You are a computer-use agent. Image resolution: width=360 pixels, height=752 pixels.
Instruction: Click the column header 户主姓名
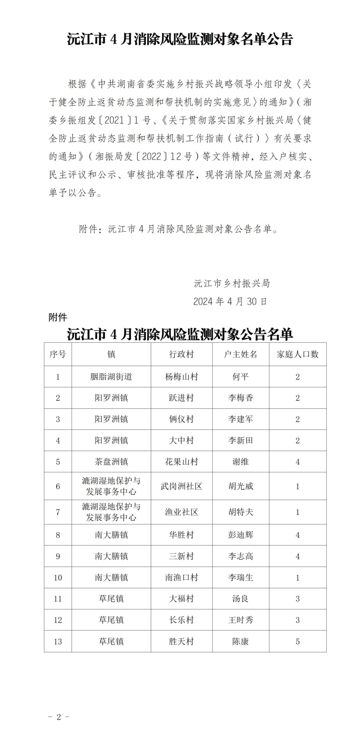pos(241,354)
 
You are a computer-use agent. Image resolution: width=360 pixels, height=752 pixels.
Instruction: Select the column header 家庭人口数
pos(297,354)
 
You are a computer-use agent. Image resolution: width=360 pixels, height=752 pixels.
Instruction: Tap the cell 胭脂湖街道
pos(111,377)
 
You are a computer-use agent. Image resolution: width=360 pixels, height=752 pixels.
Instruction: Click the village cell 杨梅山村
pos(181,377)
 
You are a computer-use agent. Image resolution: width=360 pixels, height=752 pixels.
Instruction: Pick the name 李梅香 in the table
pos(241,398)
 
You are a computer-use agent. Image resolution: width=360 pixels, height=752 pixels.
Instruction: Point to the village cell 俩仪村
pos(181,419)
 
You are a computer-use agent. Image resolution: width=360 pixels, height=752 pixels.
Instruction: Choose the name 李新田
pos(241,441)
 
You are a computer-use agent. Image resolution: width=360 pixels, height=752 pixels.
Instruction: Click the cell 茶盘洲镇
pos(111,462)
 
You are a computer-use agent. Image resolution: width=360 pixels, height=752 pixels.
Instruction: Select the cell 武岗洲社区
pos(181,486)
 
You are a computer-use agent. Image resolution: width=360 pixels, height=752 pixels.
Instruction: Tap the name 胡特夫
pos(241,512)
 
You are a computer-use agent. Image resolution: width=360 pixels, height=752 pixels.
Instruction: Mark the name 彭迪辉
pos(241,535)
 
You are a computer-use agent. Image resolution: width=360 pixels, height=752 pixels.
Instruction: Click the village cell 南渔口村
pos(181,577)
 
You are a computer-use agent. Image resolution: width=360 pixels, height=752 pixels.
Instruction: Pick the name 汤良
pos(241,599)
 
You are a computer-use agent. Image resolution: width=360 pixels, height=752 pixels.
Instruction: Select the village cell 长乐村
pos(181,620)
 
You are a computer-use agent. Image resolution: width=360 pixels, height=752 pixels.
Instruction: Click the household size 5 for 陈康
pos(297,642)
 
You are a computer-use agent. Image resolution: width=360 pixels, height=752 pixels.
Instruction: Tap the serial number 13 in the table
pos(58,642)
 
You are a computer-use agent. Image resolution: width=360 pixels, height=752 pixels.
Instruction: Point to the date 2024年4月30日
pos(230,301)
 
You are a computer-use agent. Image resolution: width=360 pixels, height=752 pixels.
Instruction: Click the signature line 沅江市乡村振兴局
pos(232,284)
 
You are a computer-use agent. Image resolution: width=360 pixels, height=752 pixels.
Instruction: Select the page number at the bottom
pos(58,717)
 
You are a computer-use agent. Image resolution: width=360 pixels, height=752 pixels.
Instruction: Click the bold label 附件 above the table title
pos(58,318)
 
